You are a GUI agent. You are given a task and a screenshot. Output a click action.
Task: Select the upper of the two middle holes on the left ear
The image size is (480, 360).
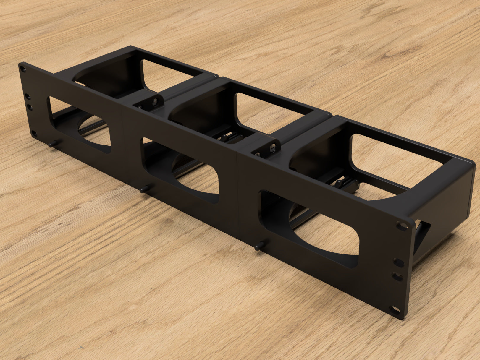pyautogui.click(x=28, y=96)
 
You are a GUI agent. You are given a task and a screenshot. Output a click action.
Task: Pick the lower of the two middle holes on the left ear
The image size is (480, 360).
pyautogui.click(x=30, y=106)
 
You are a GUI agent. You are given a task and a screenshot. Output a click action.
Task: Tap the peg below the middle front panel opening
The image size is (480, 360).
pyautogui.click(x=145, y=188)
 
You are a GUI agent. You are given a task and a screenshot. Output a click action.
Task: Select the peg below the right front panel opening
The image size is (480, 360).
pyautogui.click(x=260, y=245)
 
